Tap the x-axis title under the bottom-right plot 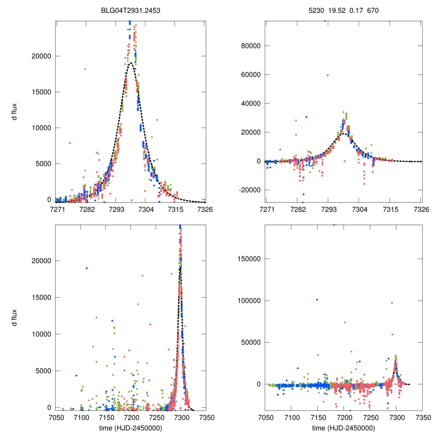pos(343,428)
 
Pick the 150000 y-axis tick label pos(249,259)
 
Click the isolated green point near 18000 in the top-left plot pos(85,69)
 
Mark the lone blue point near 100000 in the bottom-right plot pos(317,300)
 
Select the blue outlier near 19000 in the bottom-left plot pos(87,268)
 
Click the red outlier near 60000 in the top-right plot pos(327,75)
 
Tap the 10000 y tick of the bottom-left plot pos(41,334)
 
